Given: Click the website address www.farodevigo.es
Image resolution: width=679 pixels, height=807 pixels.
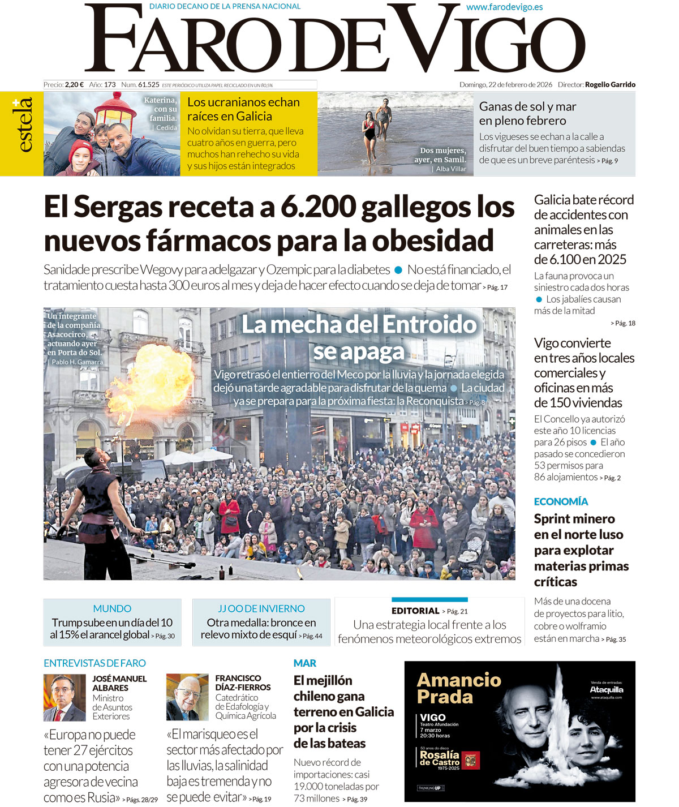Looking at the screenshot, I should tap(504, 7).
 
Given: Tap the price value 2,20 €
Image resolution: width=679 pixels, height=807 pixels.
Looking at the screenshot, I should tap(74, 85).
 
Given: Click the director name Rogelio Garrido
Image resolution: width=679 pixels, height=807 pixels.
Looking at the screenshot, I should tap(610, 85).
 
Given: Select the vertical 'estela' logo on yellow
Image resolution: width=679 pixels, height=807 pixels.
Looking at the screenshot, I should tap(22, 126).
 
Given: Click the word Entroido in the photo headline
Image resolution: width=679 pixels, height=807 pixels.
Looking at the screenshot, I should tap(423, 325).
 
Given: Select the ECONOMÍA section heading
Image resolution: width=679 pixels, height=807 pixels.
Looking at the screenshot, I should tap(561, 501).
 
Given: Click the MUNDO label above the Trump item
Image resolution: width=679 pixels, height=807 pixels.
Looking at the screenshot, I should tap(112, 609).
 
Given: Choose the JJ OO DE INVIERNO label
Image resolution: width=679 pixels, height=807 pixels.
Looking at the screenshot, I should tap(261, 609).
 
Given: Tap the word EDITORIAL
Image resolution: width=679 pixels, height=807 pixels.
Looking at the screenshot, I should tap(415, 611).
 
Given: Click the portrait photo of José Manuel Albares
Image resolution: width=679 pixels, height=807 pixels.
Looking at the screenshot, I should tap(65, 697).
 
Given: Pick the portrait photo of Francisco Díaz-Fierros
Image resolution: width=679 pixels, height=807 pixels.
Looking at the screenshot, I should tap(187, 697).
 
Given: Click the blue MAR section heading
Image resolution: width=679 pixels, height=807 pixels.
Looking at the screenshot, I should tap(304, 663).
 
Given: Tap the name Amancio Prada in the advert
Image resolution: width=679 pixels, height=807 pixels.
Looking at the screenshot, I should tap(459, 688).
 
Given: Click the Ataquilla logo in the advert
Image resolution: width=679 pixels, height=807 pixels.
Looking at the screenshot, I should tap(607, 690).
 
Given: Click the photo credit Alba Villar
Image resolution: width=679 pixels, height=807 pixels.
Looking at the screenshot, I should tap(451, 169).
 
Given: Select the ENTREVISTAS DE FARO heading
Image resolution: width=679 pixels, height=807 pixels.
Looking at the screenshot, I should tap(94, 663).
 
